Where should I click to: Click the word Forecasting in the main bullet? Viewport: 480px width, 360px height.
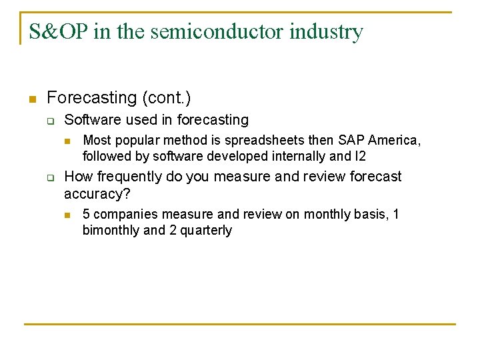click(91, 98)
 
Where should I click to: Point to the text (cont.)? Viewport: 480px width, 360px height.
click(166, 98)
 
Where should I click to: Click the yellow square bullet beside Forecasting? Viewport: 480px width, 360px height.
click(31, 99)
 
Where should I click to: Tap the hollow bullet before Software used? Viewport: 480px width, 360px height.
click(49, 121)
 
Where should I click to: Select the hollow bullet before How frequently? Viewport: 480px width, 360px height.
click(49, 177)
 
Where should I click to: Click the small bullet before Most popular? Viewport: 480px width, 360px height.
click(67, 141)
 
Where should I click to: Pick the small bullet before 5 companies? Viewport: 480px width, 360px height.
click(67, 215)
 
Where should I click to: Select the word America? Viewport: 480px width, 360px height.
click(395, 141)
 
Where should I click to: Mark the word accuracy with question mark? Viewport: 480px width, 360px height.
click(97, 193)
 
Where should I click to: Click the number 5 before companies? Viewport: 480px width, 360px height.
click(86, 214)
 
